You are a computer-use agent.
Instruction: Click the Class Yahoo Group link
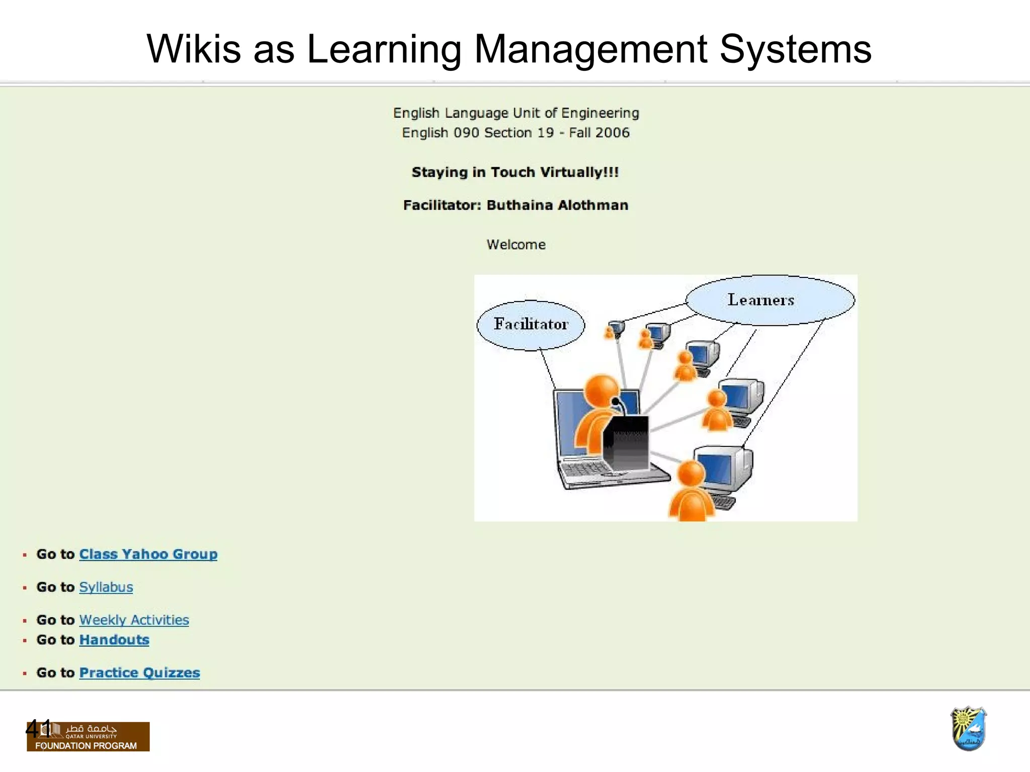coord(148,554)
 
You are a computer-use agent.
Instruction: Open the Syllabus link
coord(106,587)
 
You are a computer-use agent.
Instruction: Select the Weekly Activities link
coord(134,620)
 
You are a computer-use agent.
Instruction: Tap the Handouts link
coord(114,640)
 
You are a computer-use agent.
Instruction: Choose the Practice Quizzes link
coord(139,672)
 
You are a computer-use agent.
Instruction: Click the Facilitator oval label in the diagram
coord(531,324)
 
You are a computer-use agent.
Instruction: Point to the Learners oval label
coord(760,300)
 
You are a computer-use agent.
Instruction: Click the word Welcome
coord(516,245)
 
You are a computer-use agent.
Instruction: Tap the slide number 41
coord(38,729)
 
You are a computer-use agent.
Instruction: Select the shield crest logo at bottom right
coord(968,728)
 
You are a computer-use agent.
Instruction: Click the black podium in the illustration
coord(626,442)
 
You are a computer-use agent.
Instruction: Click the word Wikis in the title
coord(194,49)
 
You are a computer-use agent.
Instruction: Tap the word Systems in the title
coord(795,49)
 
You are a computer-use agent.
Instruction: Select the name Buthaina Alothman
coord(557,205)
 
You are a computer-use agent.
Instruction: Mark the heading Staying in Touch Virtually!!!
coord(515,172)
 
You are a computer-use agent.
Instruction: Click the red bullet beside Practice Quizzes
coord(25,673)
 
